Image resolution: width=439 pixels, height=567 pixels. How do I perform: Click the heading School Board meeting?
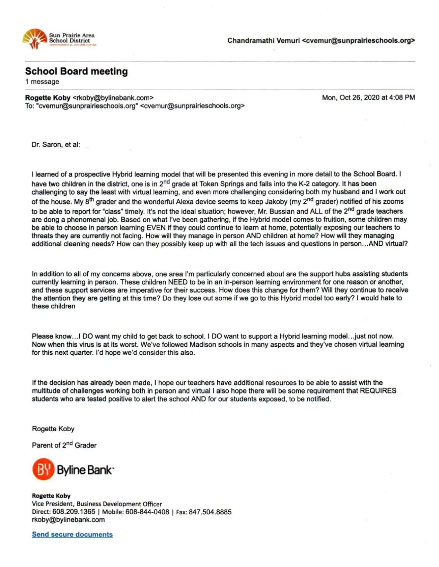click(76, 71)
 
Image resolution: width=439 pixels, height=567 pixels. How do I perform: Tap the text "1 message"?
click(42, 82)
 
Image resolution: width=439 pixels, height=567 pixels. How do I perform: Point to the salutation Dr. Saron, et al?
click(56, 145)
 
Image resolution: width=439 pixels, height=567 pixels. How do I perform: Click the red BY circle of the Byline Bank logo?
click(43, 469)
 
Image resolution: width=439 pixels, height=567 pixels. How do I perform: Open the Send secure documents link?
click(72, 534)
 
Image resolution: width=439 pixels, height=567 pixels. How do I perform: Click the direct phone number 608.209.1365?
click(74, 512)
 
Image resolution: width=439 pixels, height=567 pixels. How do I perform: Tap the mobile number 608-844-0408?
click(147, 512)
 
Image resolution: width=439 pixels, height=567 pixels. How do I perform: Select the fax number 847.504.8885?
click(210, 512)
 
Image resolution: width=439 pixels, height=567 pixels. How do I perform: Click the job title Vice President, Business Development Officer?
click(97, 504)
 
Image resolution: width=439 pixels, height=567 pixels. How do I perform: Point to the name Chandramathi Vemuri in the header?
click(263, 41)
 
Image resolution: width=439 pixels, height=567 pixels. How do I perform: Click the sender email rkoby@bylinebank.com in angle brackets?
click(113, 98)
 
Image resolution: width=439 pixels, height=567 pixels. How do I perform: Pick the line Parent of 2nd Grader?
click(64, 445)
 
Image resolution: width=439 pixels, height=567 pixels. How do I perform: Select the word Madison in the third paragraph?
click(202, 345)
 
